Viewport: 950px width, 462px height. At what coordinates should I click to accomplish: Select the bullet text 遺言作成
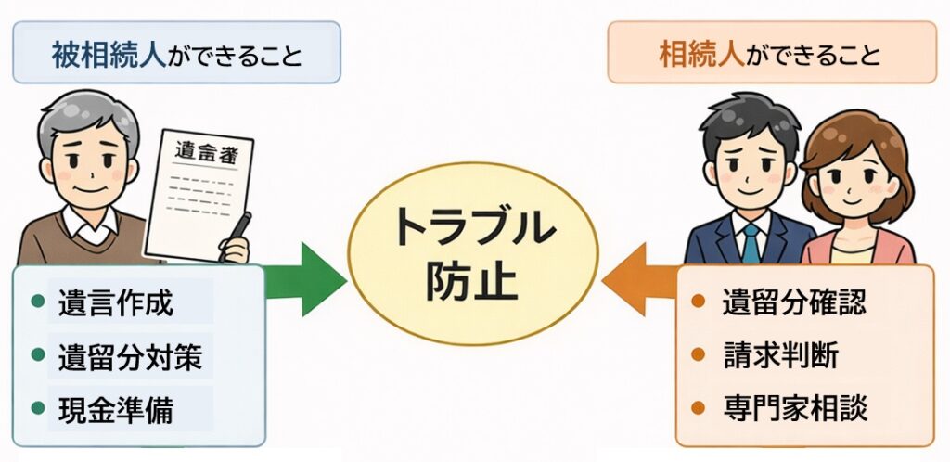[115, 302]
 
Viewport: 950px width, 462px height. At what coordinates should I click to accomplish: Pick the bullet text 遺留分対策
[129, 356]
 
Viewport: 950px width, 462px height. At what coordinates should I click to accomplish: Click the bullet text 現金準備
[115, 409]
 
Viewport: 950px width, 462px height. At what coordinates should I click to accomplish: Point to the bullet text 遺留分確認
[793, 302]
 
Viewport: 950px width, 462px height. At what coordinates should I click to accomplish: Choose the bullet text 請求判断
[779, 354]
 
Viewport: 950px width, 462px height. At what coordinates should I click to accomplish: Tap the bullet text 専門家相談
[793, 407]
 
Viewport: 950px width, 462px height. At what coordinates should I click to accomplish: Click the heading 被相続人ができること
[176, 53]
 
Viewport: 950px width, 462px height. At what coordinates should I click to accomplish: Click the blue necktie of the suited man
[750, 243]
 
